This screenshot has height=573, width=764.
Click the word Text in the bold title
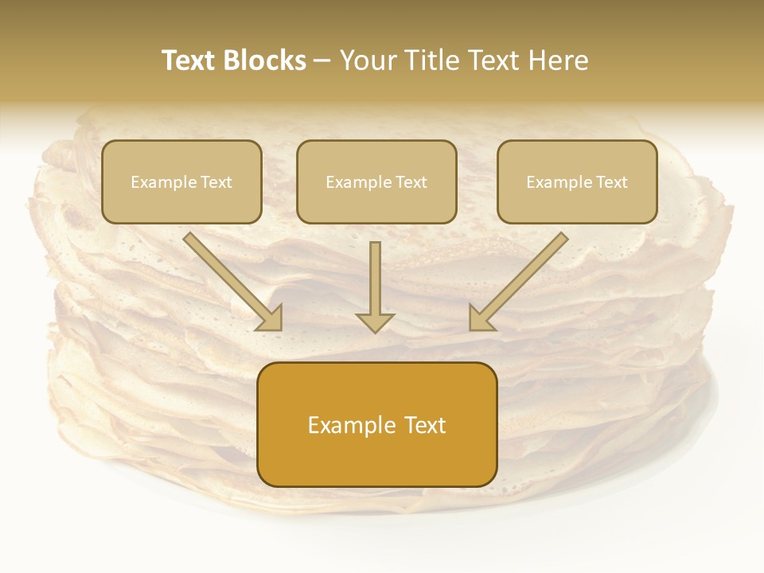point(189,60)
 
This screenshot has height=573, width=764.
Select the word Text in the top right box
point(611,182)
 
